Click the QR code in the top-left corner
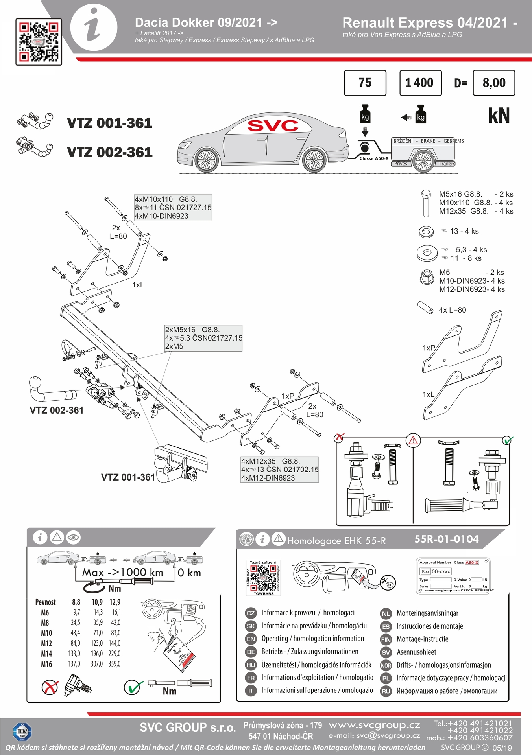click(x=39, y=42)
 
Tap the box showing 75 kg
click(x=365, y=83)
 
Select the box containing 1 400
click(x=420, y=83)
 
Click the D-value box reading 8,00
click(x=494, y=83)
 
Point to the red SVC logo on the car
click(x=273, y=125)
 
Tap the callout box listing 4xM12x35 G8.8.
click(x=279, y=470)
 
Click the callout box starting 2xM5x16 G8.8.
click(x=203, y=338)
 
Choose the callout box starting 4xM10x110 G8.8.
click(x=173, y=208)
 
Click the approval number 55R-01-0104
click(x=447, y=539)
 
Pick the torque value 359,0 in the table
click(x=115, y=664)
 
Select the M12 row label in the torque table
click(x=46, y=643)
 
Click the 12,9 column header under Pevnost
click(x=115, y=602)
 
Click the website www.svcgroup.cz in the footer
click(x=374, y=725)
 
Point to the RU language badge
click(x=386, y=691)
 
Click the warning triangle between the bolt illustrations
click(x=413, y=440)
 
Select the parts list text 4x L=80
click(x=452, y=310)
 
